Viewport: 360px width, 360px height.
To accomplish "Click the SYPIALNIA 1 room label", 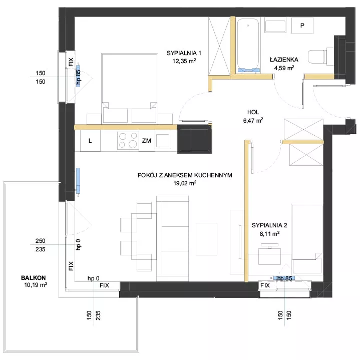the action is point(184,53).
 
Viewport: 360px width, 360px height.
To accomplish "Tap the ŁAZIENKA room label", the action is point(284,60).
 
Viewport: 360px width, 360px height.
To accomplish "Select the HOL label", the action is point(253,112).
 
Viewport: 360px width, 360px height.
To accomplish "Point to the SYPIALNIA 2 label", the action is point(269,225).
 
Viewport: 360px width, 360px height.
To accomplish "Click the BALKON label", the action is point(33,278).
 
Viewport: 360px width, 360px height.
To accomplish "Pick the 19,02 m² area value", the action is point(185,183).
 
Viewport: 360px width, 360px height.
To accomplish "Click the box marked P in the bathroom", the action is point(302,26).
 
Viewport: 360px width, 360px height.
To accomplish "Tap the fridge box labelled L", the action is point(90,141).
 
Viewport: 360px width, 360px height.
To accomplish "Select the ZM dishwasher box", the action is point(147,141).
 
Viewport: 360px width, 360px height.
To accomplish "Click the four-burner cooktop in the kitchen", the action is point(128,140).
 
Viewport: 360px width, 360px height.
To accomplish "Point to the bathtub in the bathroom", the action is point(248,46).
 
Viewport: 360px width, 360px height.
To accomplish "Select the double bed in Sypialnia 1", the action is point(130,88).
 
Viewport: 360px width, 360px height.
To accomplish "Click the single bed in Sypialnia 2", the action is point(307,239).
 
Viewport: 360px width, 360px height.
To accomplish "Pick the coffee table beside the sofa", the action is point(206,239).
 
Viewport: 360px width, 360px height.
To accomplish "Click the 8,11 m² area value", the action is point(269,234).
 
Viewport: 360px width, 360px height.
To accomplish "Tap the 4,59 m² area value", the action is point(284,68).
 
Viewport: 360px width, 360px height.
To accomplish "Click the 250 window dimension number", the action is point(41,241).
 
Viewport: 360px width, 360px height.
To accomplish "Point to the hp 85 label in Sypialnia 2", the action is point(285,278).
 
